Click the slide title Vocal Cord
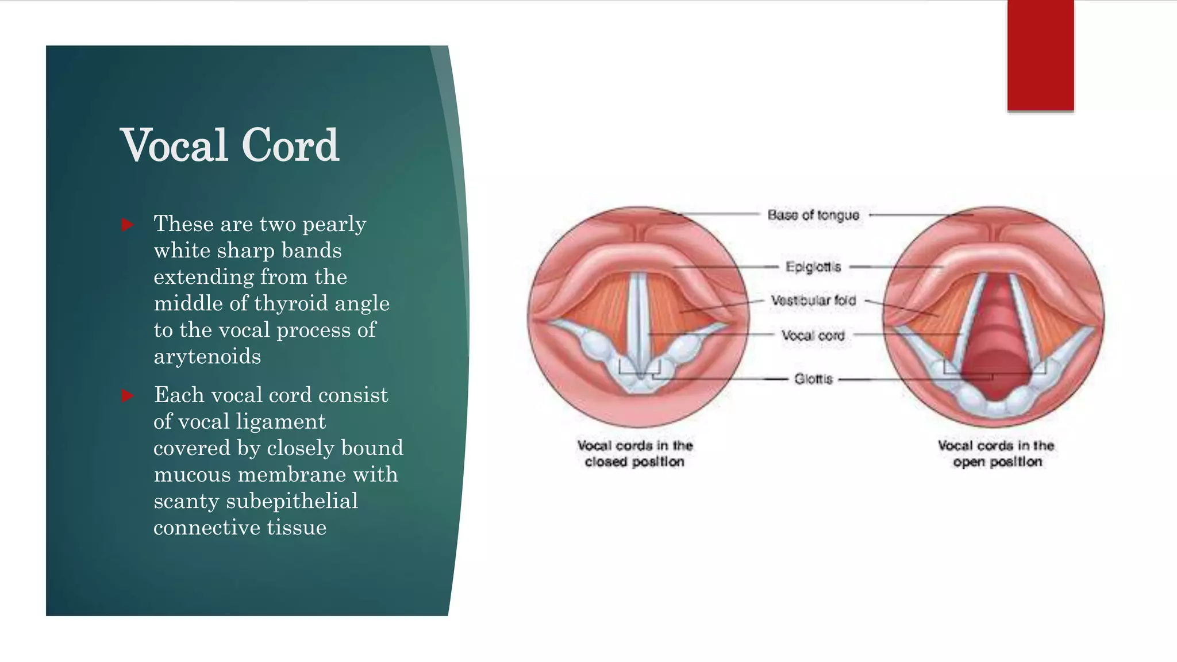tap(229, 145)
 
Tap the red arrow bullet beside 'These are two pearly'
tap(128, 225)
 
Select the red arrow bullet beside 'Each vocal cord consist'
tap(128, 396)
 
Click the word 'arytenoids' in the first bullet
tap(207, 357)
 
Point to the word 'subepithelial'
tap(292, 501)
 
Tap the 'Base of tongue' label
tap(813, 215)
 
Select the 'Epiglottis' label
tap(813, 267)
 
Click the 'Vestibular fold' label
tap(813, 301)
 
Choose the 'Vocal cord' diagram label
tap(813, 336)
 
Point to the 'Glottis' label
tap(813, 379)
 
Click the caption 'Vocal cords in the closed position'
tap(635, 453)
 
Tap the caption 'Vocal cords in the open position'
tap(996, 453)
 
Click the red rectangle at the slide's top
tap(1040, 55)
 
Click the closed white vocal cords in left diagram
tap(638, 322)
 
